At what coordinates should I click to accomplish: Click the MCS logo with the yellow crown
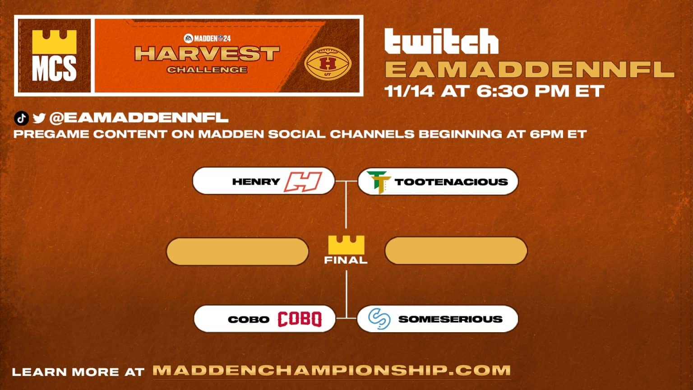coord(54,56)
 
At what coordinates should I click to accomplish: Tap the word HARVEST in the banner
coord(207,54)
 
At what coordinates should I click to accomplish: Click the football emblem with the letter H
coord(328,62)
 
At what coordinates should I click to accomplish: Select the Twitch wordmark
coord(441,42)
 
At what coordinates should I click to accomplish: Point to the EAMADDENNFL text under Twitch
coord(530,70)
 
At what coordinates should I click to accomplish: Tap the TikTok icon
coord(21,118)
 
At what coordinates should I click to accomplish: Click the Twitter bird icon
coord(39,118)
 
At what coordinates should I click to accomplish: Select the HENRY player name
coord(256,182)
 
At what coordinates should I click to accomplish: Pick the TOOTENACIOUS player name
coord(451,182)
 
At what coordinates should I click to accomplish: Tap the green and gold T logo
coord(378,182)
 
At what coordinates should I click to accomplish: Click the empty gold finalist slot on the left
coord(237,251)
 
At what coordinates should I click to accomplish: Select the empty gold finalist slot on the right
coord(456,251)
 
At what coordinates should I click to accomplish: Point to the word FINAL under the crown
coord(346,260)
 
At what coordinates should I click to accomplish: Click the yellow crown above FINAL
coord(346,245)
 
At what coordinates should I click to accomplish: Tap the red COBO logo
coord(299,319)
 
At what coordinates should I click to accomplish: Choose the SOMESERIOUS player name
coord(450,319)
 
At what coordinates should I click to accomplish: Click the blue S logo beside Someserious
coord(379,319)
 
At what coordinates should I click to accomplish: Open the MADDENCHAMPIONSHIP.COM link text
coord(332,371)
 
